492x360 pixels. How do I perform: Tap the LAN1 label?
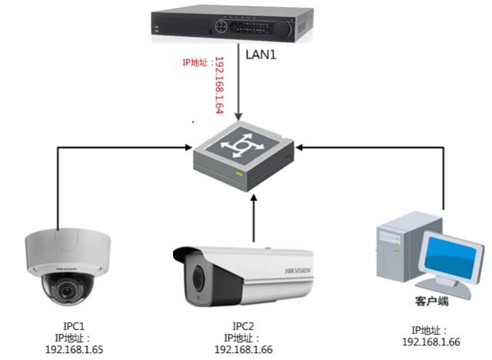[261, 55]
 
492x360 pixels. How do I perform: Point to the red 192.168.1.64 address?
[218, 85]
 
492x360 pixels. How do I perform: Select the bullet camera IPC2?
[243, 273]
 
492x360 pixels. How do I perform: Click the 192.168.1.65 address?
[75, 348]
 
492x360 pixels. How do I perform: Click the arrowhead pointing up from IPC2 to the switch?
[254, 199]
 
